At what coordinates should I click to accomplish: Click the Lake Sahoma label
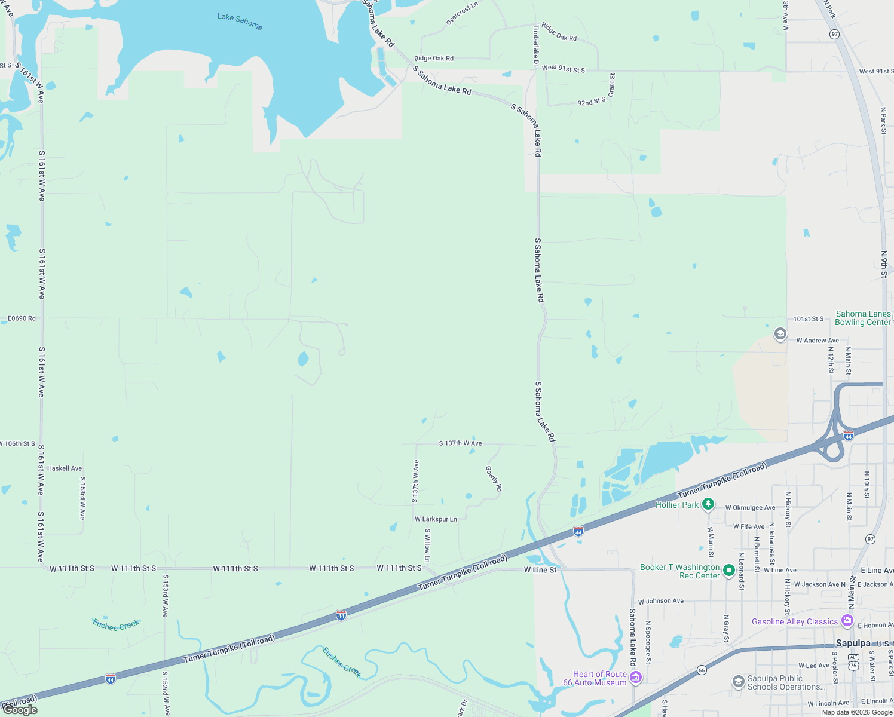coord(240,22)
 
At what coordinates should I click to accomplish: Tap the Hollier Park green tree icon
coord(708,505)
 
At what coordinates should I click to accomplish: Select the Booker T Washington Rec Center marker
coord(728,571)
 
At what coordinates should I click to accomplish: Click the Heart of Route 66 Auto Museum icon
coord(636,677)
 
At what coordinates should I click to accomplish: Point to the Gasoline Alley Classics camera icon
coord(847,621)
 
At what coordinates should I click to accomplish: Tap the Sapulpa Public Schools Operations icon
coord(739,681)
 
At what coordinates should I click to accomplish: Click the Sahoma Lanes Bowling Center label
coord(863,318)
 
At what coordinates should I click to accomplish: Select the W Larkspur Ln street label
coord(436,519)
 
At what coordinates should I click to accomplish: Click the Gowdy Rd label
coord(494,479)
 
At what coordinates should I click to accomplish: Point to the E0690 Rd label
coord(22,318)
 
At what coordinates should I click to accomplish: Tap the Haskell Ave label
coord(65,468)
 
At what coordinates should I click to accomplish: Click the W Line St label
coord(540,570)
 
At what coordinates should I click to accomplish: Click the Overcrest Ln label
coord(462,14)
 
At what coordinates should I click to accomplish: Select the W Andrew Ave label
coord(818,341)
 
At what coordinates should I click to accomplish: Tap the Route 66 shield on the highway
coord(702,670)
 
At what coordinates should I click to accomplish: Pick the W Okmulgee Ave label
coord(750,508)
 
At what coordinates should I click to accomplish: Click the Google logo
coord(20,710)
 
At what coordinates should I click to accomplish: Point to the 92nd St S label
coord(591,102)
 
